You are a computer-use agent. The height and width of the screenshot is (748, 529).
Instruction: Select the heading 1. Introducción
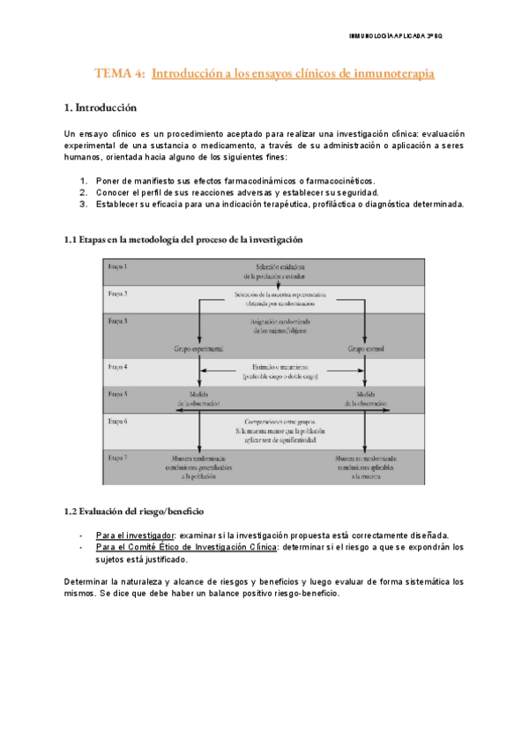pyautogui.click(x=101, y=108)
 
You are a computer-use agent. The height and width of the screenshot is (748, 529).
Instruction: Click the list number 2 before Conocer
pyautogui.click(x=83, y=191)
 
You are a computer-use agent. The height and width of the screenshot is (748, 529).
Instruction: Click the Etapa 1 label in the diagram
pyautogui.click(x=117, y=266)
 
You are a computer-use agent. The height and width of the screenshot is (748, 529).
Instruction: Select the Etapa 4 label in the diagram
pyautogui.click(x=117, y=364)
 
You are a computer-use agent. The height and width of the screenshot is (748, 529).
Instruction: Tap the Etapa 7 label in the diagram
pyautogui.click(x=117, y=457)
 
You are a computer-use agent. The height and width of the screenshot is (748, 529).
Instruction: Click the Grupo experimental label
pyautogui.click(x=200, y=348)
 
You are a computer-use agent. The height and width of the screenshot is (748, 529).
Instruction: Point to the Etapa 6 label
pyautogui.click(x=117, y=422)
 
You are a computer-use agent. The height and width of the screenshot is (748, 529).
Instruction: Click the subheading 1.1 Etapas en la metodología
pyautogui.click(x=183, y=240)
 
